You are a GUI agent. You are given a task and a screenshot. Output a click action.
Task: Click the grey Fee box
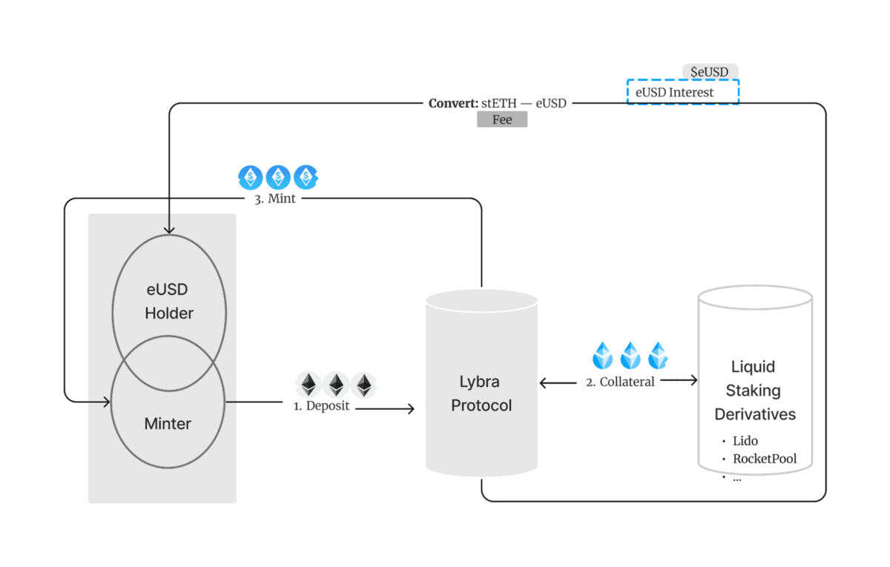click(x=502, y=119)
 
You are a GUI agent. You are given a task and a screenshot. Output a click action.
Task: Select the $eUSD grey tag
click(x=710, y=72)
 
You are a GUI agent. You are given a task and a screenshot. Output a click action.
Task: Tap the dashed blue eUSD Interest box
click(x=683, y=93)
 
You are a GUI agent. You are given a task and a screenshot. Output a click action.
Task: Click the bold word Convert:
click(x=453, y=104)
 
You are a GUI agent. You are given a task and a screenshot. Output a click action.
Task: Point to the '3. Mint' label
click(x=270, y=199)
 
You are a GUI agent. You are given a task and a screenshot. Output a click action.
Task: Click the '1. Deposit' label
click(x=321, y=406)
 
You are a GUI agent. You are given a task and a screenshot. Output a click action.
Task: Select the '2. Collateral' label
click(x=620, y=382)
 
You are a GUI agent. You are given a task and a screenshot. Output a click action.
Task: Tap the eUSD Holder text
click(x=169, y=301)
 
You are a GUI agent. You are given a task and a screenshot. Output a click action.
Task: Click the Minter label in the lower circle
click(x=168, y=424)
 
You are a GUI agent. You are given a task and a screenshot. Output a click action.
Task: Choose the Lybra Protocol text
click(x=481, y=394)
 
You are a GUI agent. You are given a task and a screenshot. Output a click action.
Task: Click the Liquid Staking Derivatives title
click(x=753, y=391)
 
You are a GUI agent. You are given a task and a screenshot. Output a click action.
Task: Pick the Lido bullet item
click(x=745, y=441)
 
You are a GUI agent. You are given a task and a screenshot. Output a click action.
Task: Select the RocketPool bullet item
click(x=764, y=459)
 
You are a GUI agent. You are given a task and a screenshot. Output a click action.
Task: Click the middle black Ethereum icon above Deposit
click(x=336, y=385)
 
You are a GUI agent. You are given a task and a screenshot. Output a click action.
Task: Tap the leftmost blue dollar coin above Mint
click(x=251, y=177)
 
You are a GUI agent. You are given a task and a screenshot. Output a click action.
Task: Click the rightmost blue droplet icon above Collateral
click(x=658, y=356)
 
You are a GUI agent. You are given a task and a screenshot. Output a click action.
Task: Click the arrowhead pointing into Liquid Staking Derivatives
click(x=693, y=380)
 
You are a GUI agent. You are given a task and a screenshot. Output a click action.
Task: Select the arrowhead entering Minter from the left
click(x=107, y=402)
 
